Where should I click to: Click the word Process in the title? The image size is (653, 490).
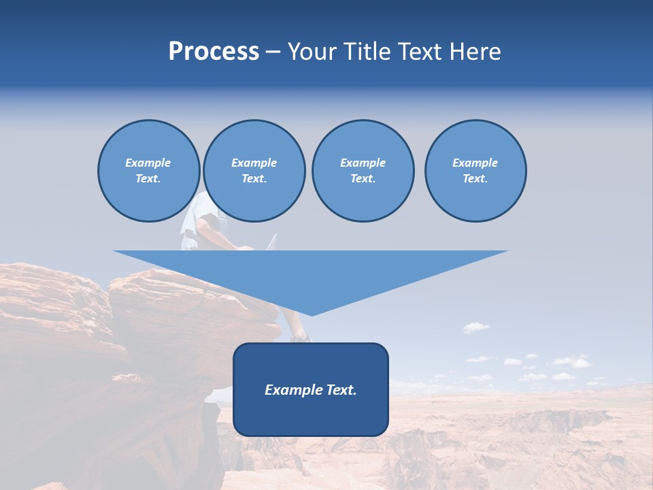click(x=214, y=52)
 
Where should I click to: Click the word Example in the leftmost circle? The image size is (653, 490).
click(x=148, y=163)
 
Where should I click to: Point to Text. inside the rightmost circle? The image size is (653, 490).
click(x=475, y=178)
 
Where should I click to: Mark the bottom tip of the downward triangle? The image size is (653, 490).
click(x=312, y=314)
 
